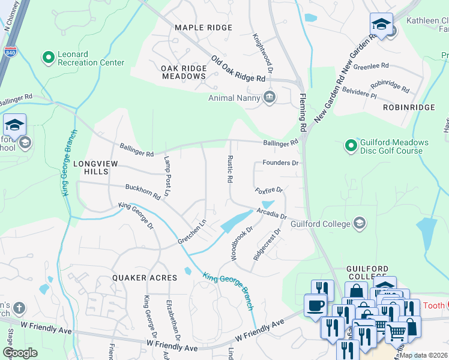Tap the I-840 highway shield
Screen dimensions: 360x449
(10, 52)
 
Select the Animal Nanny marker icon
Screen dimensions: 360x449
(270, 97)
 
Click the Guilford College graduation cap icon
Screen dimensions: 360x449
(360, 224)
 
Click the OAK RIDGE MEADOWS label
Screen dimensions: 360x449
(184, 72)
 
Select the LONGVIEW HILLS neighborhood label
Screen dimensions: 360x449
(91, 167)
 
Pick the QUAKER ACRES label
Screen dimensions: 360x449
(145, 278)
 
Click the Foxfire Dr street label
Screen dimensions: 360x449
(268, 191)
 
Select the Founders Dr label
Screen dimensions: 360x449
(280, 163)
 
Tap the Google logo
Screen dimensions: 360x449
(20, 353)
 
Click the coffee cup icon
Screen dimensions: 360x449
(316, 305)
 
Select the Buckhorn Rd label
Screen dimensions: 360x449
(143, 192)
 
